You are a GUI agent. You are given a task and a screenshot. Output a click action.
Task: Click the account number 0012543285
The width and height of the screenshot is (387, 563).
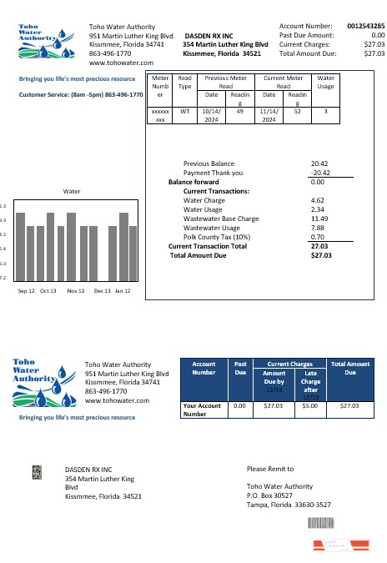(365, 27)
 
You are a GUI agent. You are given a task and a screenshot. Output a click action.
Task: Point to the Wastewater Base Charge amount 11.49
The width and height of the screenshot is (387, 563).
(318, 219)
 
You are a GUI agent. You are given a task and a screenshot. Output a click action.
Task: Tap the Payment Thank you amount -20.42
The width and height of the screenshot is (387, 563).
(318, 173)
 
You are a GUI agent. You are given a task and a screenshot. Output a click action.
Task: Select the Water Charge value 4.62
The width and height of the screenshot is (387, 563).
(317, 200)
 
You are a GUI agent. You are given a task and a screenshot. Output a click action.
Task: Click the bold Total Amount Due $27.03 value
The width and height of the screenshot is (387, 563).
(320, 255)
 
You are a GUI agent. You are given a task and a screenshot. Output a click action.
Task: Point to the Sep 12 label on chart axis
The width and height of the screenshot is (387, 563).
(26, 291)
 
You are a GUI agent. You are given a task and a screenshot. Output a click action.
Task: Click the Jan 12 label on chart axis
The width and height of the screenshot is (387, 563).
(123, 291)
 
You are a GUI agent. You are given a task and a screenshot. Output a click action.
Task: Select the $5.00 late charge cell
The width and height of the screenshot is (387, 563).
(310, 405)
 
